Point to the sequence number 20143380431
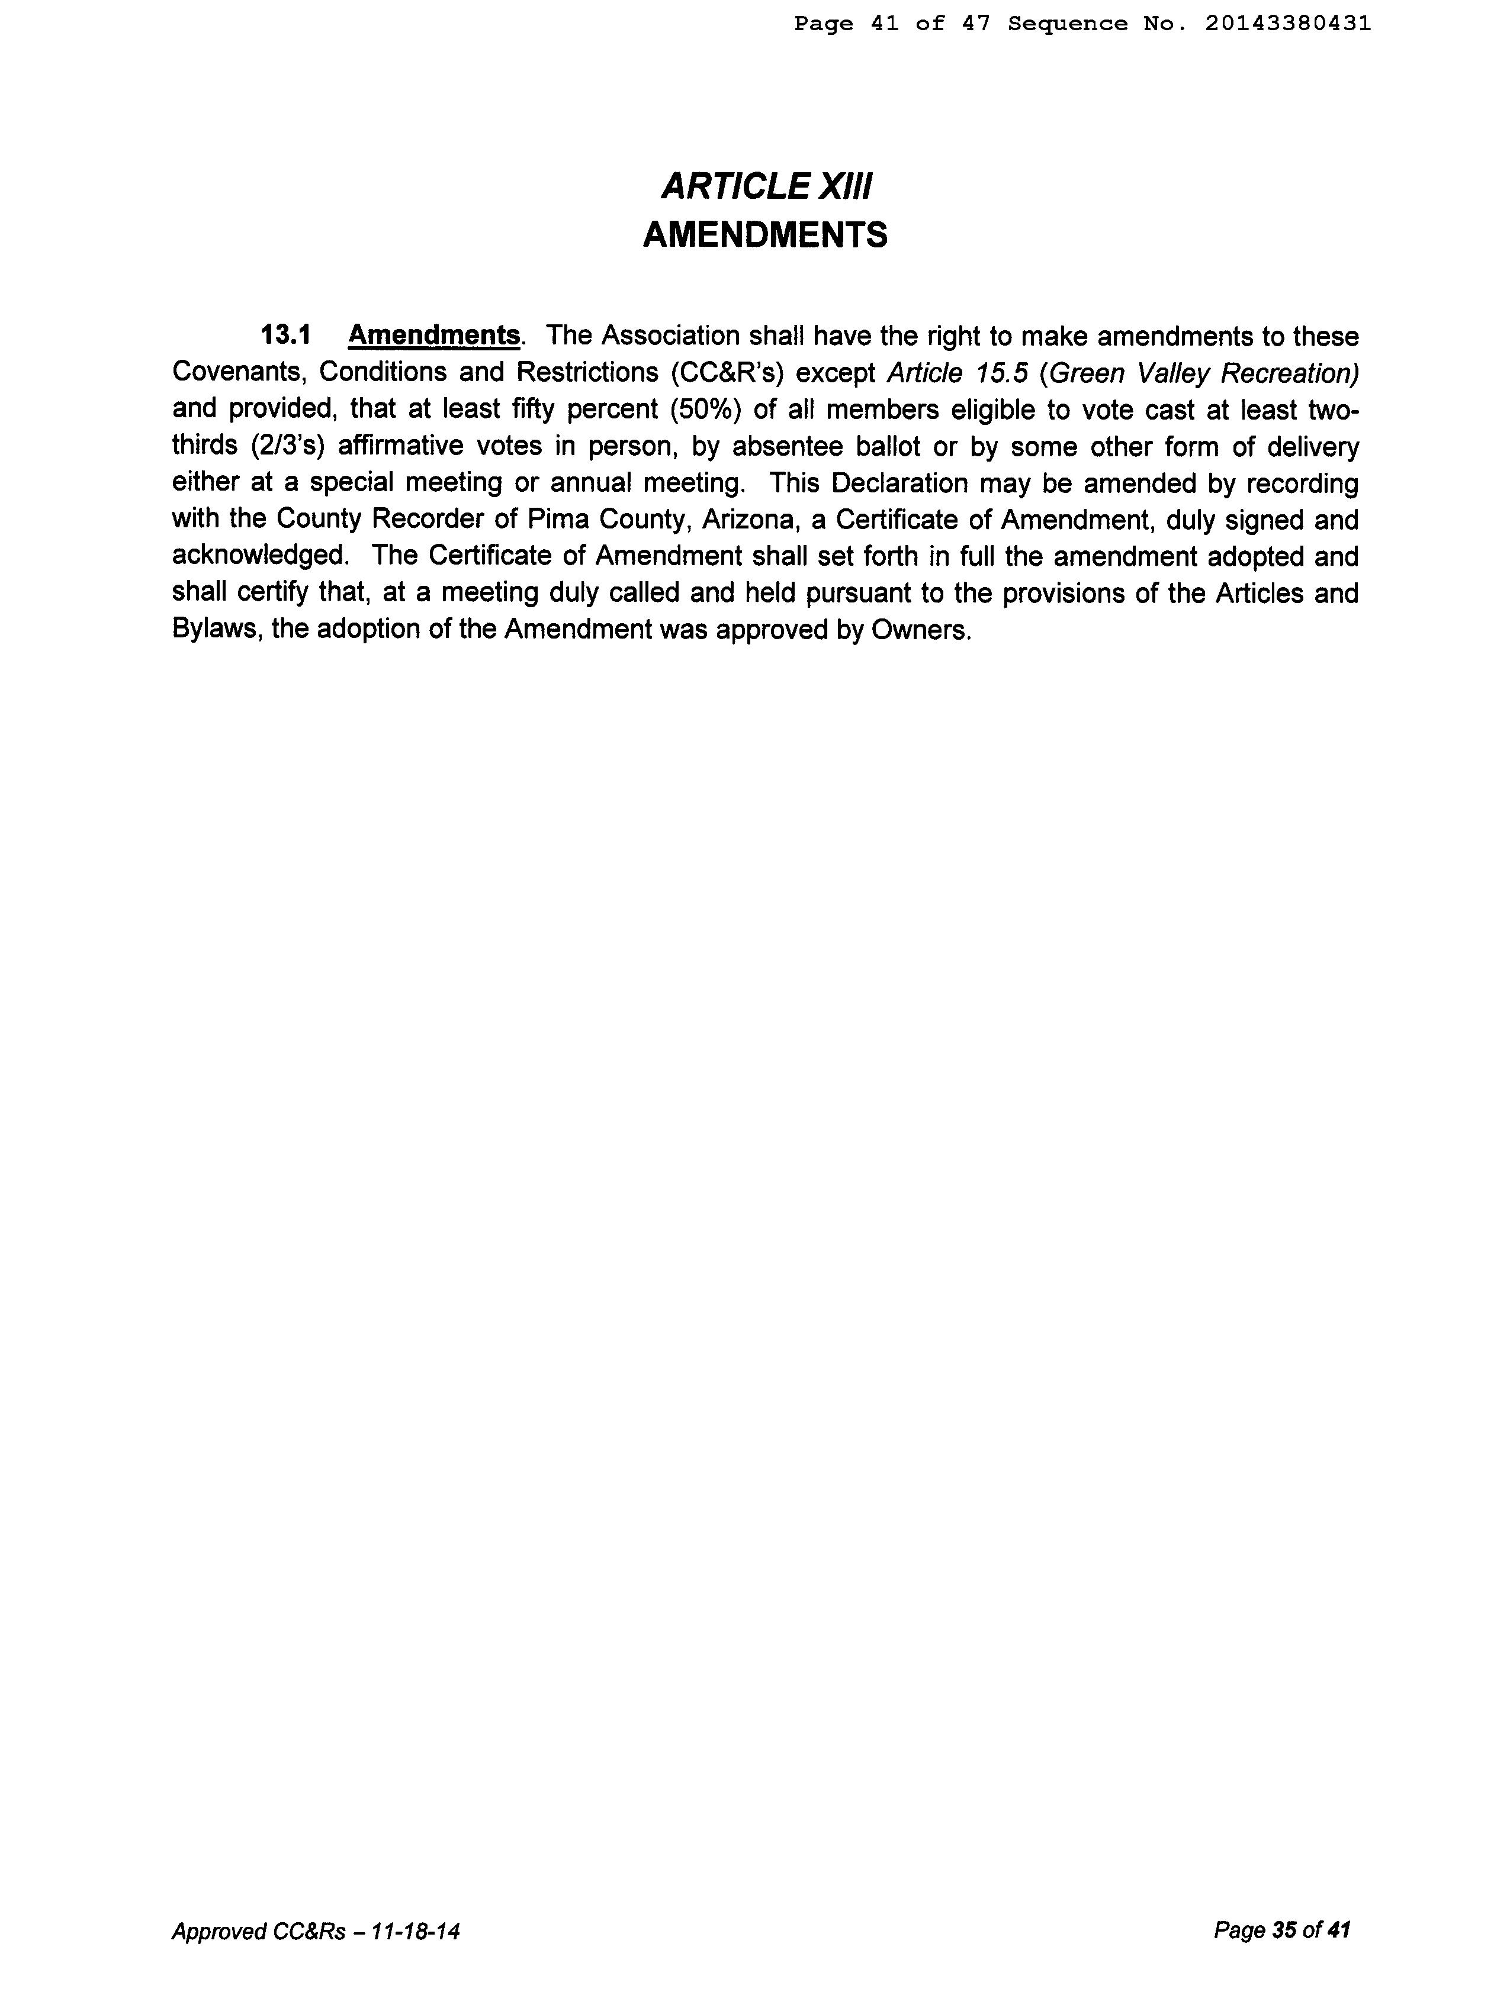tap(1287, 24)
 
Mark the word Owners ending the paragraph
tap(921, 630)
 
